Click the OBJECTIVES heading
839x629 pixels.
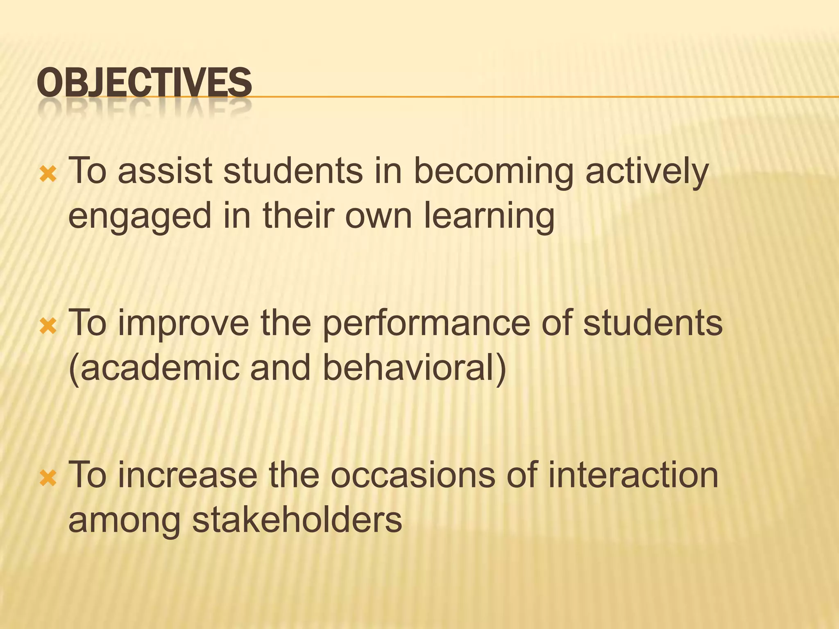[144, 83]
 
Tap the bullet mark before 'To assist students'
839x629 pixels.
[48, 175]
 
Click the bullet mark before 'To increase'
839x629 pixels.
[48, 478]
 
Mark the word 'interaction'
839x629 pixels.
[633, 475]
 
